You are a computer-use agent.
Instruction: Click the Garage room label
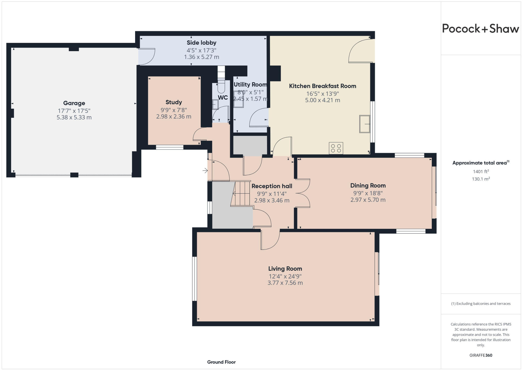click(74, 103)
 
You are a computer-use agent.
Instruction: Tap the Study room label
click(174, 102)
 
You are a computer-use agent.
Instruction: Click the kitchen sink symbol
click(365, 124)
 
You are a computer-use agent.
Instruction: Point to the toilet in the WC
click(221, 87)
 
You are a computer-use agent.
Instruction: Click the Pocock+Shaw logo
click(480, 29)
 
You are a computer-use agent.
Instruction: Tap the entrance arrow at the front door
click(205, 170)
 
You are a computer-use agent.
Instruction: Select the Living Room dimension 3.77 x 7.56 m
click(285, 283)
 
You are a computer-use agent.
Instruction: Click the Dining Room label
click(368, 186)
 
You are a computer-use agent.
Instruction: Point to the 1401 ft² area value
click(481, 172)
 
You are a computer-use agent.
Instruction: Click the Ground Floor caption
click(221, 362)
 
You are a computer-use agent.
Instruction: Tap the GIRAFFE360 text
click(481, 355)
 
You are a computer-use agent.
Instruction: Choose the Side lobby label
click(201, 43)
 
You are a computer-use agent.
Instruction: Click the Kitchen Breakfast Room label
click(323, 86)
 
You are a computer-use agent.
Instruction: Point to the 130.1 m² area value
click(481, 179)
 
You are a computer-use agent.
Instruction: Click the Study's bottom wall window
click(170, 147)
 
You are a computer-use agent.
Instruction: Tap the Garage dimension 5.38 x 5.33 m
click(74, 118)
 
